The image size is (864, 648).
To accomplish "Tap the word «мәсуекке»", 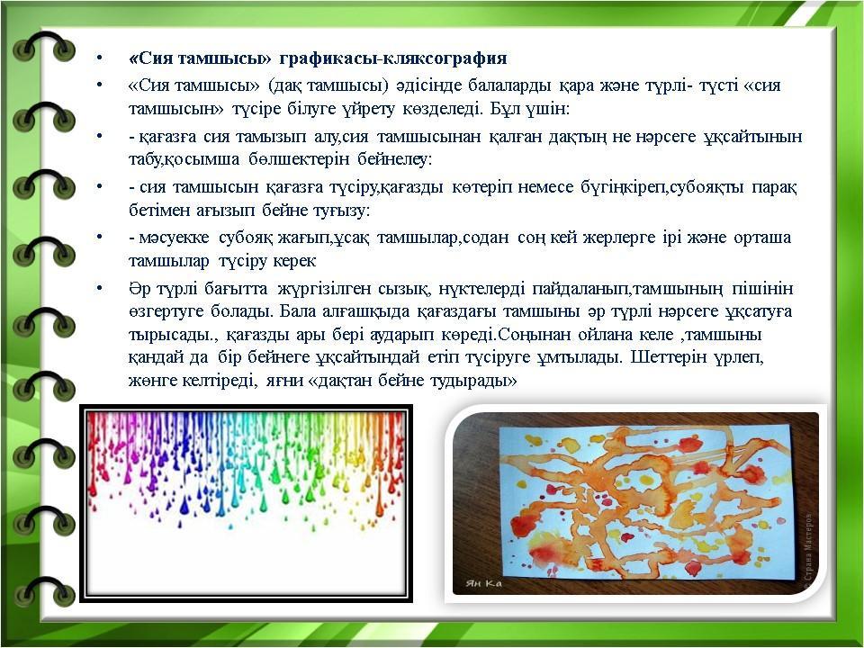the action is [x=174, y=238].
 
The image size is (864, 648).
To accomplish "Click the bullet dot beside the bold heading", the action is [x=99, y=58].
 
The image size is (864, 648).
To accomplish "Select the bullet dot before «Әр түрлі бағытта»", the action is [x=99, y=288].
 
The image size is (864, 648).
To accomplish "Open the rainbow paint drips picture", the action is [x=247, y=504].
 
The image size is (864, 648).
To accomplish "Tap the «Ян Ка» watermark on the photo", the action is [x=483, y=583].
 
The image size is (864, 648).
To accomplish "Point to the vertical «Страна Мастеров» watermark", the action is [x=808, y=548].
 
